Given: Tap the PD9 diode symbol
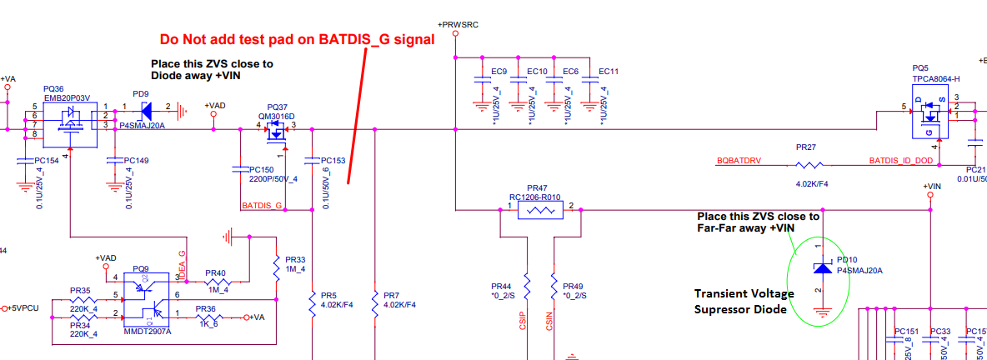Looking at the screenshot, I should (x=148, y=108).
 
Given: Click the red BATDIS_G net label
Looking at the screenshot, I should (x=262, y=205).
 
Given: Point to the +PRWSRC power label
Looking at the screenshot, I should (x=458, y=26).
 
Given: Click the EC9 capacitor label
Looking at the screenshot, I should (x=499, y=72).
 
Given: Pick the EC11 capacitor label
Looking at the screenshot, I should (x=609, y=72).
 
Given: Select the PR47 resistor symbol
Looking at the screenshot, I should (x=541, y=212).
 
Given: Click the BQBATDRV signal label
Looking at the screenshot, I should (x=739, y=160).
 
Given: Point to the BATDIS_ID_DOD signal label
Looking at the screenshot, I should (x=902, y=160).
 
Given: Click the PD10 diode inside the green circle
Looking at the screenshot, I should (x=821, y=268).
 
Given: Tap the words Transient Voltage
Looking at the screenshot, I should (x=744, y=294).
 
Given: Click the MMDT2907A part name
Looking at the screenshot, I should (x=148, y=332).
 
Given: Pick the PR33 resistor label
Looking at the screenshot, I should (x=295, y=260).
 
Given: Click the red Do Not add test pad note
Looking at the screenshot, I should (x=298, y=39).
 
